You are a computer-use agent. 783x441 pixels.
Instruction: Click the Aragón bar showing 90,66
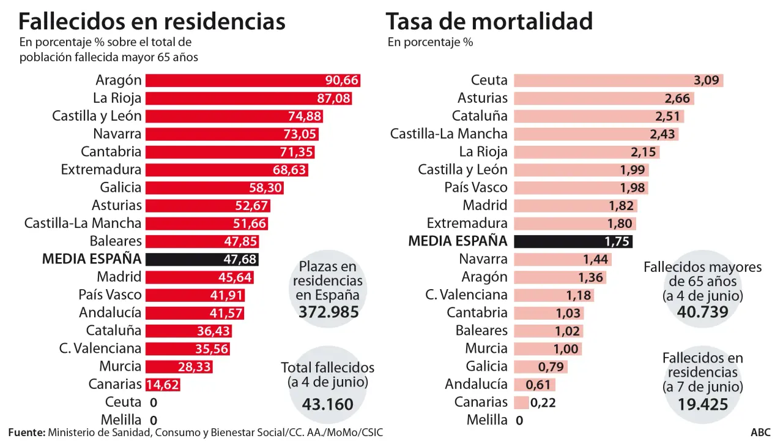[x=253, y=80]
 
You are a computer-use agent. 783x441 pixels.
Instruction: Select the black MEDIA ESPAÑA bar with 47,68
[x=202, y=259]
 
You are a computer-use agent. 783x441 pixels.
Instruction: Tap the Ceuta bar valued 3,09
[x=618, y=80]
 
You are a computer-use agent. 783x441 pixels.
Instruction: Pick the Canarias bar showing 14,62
[x=163, y=385]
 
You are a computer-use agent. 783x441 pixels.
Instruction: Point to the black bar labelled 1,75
[x=573, y=241]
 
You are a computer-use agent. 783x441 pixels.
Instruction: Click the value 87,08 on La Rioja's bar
[x=333, y=99]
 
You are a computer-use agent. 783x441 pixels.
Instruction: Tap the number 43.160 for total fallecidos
[x=327, y=404]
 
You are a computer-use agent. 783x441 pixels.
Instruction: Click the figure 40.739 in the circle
[x=703, y=312]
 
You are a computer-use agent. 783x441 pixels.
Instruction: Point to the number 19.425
[x=703, y=404]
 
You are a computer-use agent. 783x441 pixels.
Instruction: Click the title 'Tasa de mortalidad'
[x=489, y=21]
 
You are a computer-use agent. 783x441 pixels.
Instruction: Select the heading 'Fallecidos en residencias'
[x=152, y=21]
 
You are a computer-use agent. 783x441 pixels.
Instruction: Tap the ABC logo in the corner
[x=760, y=432]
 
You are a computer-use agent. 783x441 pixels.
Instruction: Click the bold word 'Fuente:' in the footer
[x=27, y=432]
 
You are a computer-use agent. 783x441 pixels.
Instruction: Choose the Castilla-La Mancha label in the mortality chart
[x=448, y=134]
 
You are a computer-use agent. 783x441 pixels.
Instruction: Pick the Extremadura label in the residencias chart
[x=101, y=170]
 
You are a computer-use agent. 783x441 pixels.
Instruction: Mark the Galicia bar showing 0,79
[x=541, y=367]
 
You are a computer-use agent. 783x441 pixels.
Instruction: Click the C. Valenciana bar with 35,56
[x=188, y=349]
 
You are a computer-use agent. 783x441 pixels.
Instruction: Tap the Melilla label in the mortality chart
[x=487, y=420]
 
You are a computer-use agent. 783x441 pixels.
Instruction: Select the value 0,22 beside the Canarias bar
[x=543, y=403]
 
